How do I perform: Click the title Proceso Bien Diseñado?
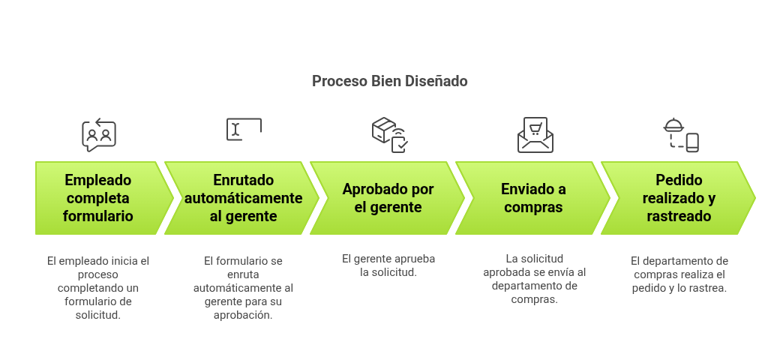tap(389, 81)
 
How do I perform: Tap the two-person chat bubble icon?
tap(98, 135)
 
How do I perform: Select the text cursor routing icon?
tap(244, 129)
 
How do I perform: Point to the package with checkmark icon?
tap(389, 134)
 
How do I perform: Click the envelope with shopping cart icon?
tap(535, 135)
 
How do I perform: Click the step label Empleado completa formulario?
tap(98, 198)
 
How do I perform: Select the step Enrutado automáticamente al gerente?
tap(244, 198)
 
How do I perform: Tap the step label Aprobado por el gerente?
tap(388, 198)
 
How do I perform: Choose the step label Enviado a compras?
tap(533, 198)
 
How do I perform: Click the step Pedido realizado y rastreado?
tap(679, 198)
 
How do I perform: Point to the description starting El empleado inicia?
tap(98, 288)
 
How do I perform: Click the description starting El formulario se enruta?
tap(244, 288)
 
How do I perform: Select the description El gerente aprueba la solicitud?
tap(388, 265)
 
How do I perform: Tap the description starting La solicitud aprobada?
tap(535, 278)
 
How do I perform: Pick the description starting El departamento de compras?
tap(679, 274)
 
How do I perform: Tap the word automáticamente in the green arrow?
tap(244, 198)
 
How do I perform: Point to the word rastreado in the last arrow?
tap(679, 216)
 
